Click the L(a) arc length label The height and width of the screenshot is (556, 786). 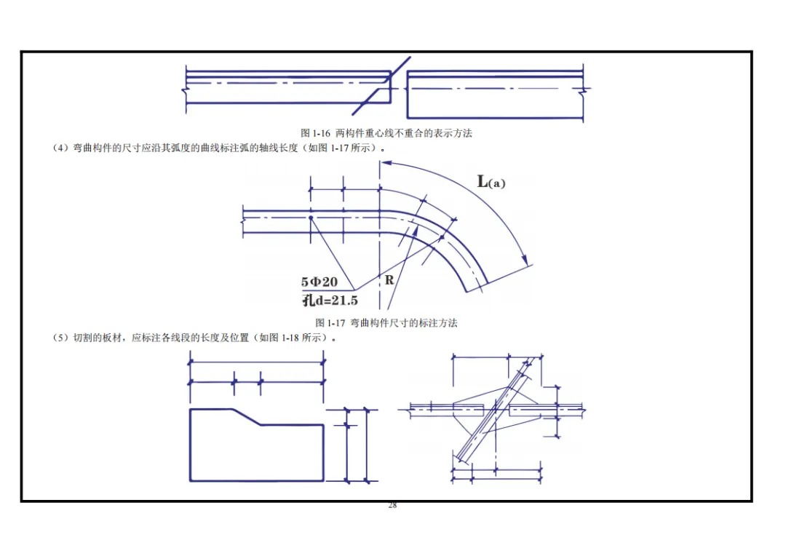tap(491, 181)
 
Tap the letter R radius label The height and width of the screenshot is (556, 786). tap(389, 279)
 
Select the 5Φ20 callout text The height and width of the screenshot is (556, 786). tap(319, 282)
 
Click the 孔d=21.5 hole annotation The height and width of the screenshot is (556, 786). tap(330, 301)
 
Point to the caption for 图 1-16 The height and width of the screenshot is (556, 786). tap(386, 133)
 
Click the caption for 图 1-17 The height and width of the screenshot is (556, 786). tap(386, 323)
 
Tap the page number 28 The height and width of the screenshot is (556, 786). tap(392, 505)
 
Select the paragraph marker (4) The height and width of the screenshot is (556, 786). tap(60, 148)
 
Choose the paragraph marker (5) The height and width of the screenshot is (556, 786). tap(60, 338)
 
